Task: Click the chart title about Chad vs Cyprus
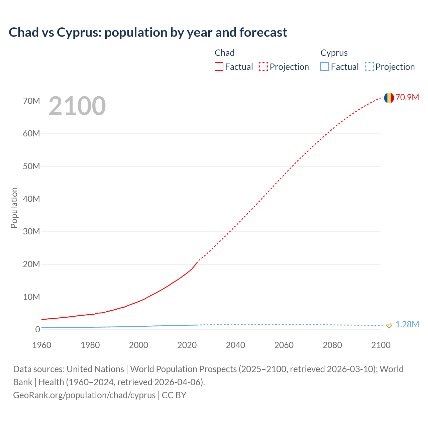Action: click(x=148, y=32)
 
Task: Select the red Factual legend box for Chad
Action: click(x=219, y=67)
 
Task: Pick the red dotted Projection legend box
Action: click(x=263, y=67)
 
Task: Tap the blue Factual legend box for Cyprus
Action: click(x=325, y=67)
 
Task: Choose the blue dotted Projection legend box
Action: click(x=369, y=67)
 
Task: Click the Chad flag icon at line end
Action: click(x=389, y=98)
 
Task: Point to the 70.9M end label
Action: click(x=407, y=97)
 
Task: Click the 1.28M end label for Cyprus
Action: click(x=407, y=325)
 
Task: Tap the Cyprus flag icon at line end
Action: click(x=389, y=325)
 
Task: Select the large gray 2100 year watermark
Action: click(x=77, y=106)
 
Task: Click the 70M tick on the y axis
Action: click(x=31, y=101)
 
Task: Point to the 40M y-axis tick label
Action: click(x=31, y=199)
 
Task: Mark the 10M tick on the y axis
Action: click(x=31, y=297)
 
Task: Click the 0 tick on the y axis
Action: click(x=37, y=329)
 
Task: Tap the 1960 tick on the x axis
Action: click(x=42, y=345)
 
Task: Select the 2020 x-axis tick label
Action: click(x=187, y=345)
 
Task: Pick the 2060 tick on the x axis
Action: click(x=284, y=345)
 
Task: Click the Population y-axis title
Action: click(x=14, y=208)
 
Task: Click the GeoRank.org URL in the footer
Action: click(x=84, y=395)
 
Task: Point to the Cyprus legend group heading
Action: click(x=334, y=53)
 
